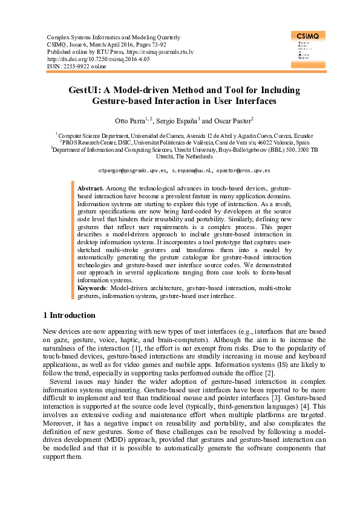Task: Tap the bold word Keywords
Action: pos(92,289)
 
